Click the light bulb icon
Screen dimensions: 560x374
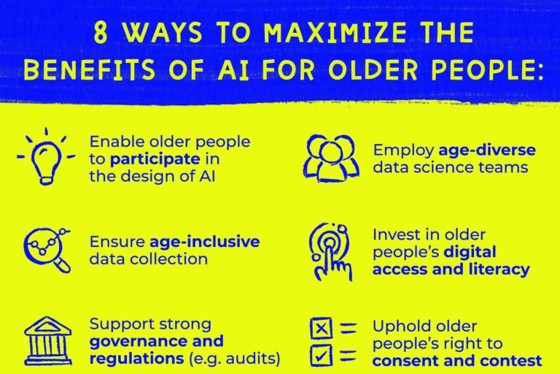(46, 161)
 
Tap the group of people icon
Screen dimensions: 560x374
(331, 158)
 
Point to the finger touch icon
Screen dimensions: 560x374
(330, 251)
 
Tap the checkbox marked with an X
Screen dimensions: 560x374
(321, 328)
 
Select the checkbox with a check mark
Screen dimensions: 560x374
(321, 356)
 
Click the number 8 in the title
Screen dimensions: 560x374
(101, 33)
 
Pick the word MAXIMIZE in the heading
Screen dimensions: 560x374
(335, 33)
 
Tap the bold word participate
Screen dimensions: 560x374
(155, 160)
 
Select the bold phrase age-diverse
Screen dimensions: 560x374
(487, 150)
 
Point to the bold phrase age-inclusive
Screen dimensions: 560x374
(205, 242)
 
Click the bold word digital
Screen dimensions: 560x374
(470, 252)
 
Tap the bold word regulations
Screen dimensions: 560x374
(136, 359)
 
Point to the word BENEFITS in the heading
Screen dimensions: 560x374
(90, 69)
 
